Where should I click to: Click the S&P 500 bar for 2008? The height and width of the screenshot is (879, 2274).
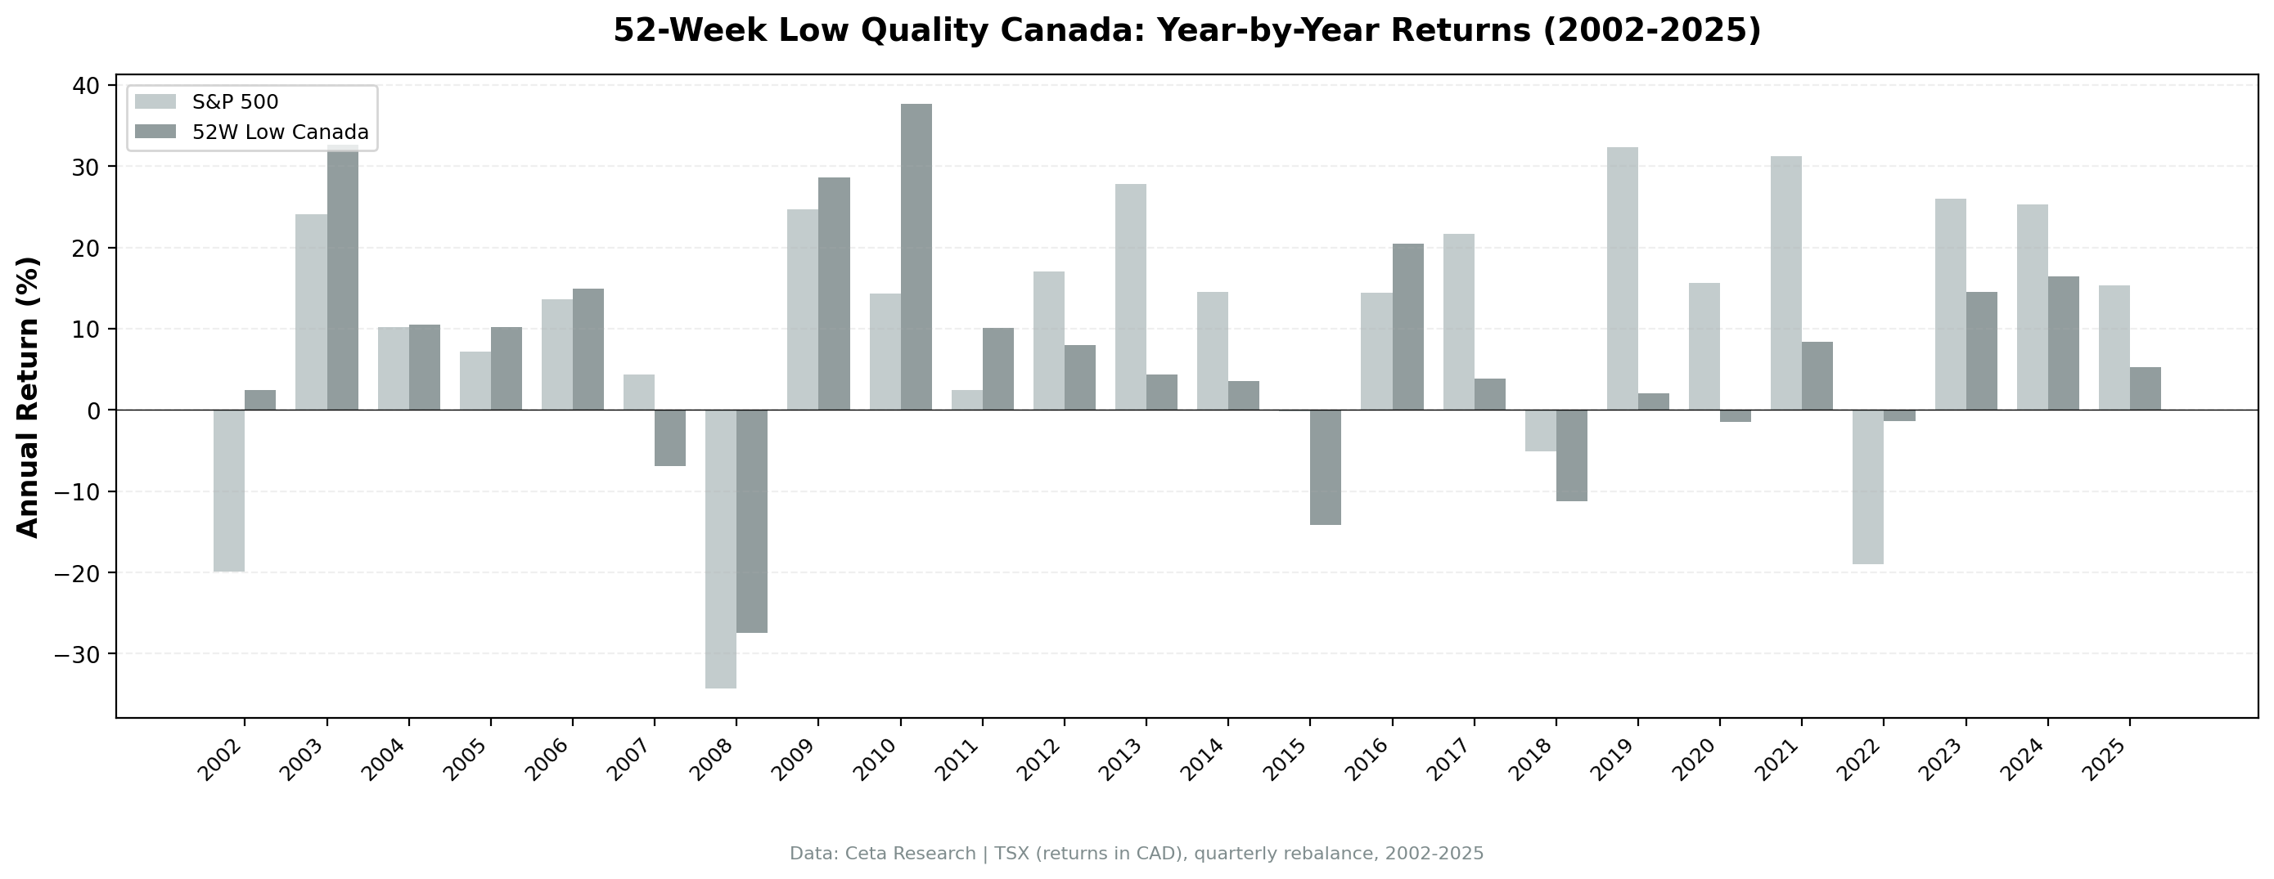[x=720, y=548]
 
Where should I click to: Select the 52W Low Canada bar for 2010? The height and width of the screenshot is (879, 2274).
[x=916, y=257]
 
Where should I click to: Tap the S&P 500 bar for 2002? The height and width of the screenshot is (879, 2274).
[x=228, y=491]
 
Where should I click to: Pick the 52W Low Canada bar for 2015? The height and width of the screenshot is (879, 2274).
[x=1325, y=467]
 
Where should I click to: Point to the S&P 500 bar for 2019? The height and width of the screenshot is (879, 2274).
[x=1622, y=278]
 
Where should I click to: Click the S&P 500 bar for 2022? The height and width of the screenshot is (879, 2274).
[x=1867, y=487]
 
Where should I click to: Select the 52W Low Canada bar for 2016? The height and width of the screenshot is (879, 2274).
[x=1407, y=326]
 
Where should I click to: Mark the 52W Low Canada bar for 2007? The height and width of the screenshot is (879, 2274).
[x=670, y=437]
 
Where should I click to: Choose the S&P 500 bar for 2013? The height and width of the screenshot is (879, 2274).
[x=1130, y=297]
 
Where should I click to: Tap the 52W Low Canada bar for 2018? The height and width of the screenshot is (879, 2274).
[x=1571, y=455]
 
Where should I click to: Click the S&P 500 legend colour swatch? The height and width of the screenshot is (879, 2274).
[x=155, y=101]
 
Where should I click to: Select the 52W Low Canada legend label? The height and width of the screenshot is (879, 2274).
[x=280, y=132]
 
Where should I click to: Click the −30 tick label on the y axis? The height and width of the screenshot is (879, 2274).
[x=78, y=654]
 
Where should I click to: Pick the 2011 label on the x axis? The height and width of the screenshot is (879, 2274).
[x=961, y=759]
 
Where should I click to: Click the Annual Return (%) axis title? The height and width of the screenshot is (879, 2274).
[x=29, y=397]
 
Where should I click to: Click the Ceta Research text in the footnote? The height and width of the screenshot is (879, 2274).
[x=909, y=854]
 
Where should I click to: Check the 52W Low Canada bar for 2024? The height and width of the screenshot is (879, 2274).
[x=2063, y=343]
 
